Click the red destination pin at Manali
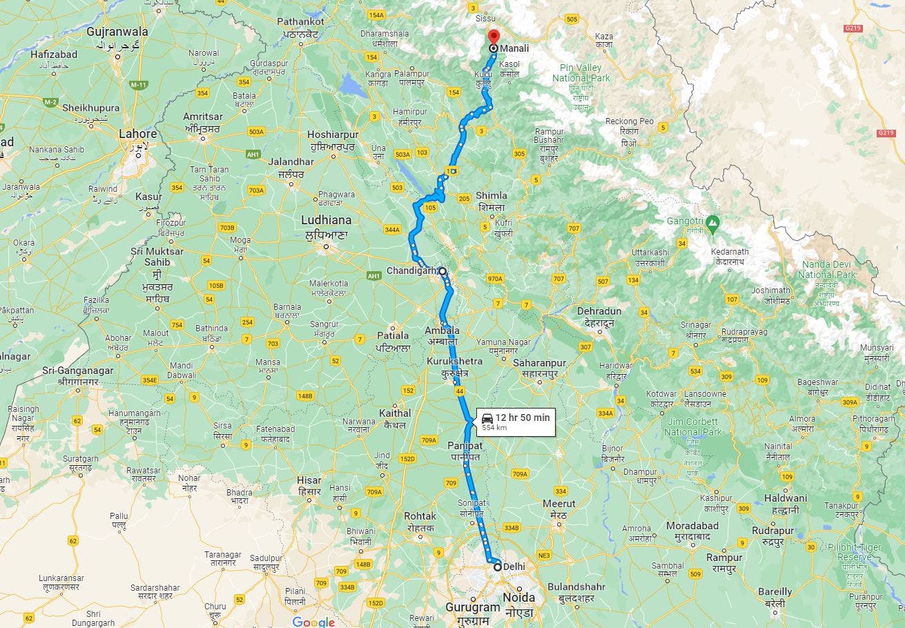(x=493, y=37)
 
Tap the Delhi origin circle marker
(x=497, y=567)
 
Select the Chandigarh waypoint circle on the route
(x=442, y=271)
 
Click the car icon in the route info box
(x=487, y=418)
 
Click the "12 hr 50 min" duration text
(x=522, y=418)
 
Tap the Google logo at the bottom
(x=313, y=622)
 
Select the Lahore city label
(x=138, y=134)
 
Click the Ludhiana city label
(x=326, y=221)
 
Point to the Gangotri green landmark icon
(x=713, y=222)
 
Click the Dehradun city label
(x=599, y=311)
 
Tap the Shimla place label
(x=491, y=196)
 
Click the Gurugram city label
(x=472, y=608)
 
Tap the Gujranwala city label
(x=117, y=32)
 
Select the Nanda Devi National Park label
(x=826, y=270)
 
